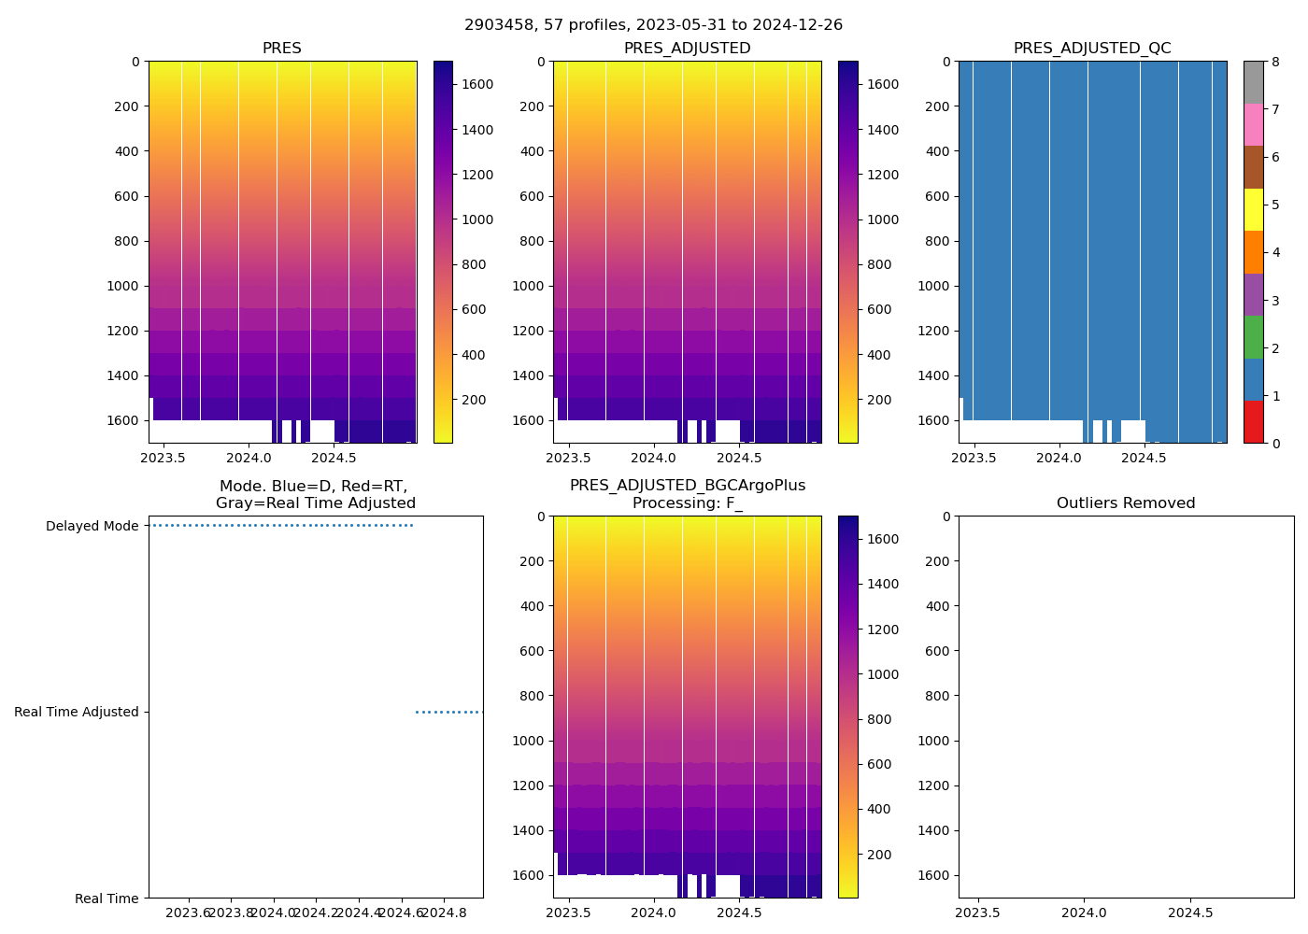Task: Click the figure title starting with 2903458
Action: (x=653, y=25)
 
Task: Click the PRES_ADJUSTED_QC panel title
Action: (x=1092, y=49)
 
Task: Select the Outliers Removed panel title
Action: (x=1126, y=503)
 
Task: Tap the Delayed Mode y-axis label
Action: (x=92, y=526)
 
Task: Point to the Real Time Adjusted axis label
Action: (x=77, y=712)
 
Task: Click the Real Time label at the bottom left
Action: (x=107, y=899)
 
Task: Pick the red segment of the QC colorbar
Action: (x=1253, y=422)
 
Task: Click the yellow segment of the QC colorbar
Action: (x=1253, y=209)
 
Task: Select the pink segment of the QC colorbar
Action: (x=1253, y=124)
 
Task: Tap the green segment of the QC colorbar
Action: (x=1253, y=337)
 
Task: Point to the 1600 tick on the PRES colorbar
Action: (x=477, y=84)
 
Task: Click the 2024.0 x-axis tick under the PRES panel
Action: (x=249, y=458)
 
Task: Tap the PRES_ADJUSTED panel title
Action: (x=687, y=49)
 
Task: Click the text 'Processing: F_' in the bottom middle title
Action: (x=687, y=503)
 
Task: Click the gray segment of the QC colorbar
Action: (x=1253, y=82)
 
